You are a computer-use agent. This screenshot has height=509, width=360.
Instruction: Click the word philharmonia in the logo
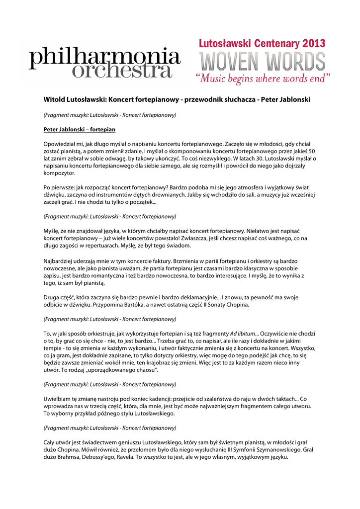[104, 58]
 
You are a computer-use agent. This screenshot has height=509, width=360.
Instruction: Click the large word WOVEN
[231, 62]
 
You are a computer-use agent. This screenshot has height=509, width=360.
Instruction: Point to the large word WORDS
[295, 62]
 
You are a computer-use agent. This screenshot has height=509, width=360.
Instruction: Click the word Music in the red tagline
[218, 79]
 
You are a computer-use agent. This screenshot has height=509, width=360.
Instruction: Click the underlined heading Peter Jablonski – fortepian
[80, 130]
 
